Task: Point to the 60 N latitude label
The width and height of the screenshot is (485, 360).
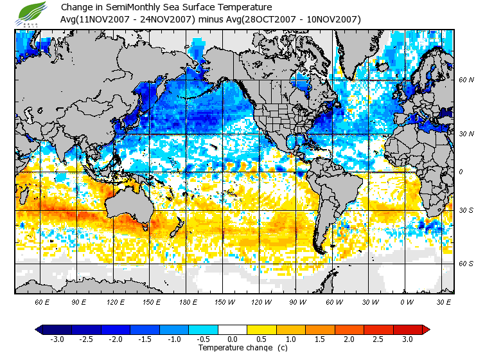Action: (466, 80)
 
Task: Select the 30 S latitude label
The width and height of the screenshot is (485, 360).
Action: (466, 211)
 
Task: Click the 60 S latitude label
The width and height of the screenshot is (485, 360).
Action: (466, 264)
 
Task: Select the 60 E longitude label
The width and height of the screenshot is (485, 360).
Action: (42, 302)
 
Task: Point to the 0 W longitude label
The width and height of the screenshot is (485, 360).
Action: (406, 302)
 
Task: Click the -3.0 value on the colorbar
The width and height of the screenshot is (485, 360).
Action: (57, 339)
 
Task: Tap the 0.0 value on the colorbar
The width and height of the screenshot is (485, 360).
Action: (233, 339)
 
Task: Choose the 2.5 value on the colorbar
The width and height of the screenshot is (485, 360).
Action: (379, 339)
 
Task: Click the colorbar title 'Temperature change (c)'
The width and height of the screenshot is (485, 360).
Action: (243, 348)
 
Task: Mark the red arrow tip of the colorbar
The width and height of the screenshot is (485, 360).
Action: (427, 330)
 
